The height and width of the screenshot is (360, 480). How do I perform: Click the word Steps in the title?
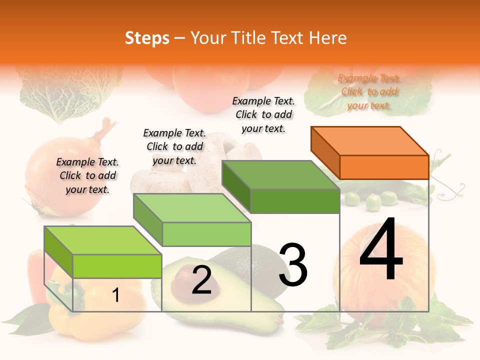point(146,38)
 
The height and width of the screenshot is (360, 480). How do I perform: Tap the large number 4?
point(381,250)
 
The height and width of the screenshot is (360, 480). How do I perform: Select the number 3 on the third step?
point(293,265)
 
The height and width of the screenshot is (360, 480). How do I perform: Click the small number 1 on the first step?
point(115,295)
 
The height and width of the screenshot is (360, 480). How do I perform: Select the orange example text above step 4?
point(369,92)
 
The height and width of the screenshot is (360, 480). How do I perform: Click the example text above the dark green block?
point(263,114)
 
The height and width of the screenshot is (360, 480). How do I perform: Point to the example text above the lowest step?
point(87,175)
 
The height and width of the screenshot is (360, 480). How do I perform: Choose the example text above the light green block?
point(174,146)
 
